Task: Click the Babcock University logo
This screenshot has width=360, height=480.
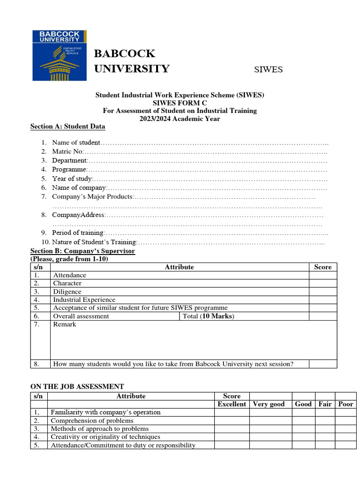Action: tap(59, 55)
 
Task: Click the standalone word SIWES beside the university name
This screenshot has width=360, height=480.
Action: tap(268, 70)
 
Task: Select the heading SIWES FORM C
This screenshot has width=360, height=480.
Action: tap(180, 103)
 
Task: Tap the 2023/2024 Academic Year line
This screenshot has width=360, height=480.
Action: tap(180, 119)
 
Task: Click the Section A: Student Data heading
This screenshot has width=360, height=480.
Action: tap(67, 127)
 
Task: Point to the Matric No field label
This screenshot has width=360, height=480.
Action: tap(67, 151)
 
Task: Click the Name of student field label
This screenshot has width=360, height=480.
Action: tap(76, 142)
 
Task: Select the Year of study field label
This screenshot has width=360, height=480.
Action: tap(72, 179)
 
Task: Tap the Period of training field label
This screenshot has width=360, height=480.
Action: tap(77, 233)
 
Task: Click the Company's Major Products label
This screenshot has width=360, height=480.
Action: tap(92, 197)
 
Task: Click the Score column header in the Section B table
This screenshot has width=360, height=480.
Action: tap(322, 267)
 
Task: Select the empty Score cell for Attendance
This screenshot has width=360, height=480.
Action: tap(322, 276)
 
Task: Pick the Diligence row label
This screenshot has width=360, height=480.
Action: tap(67, 292)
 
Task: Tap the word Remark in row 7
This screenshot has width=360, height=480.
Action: tap(64, 324)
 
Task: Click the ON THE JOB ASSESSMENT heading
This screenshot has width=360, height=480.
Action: tap(77, 387)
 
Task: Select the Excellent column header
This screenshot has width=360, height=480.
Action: tap(232, 404)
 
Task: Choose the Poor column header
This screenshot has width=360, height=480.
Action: tap(345, 404)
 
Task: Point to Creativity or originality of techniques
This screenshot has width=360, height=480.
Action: tap(105, 437)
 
